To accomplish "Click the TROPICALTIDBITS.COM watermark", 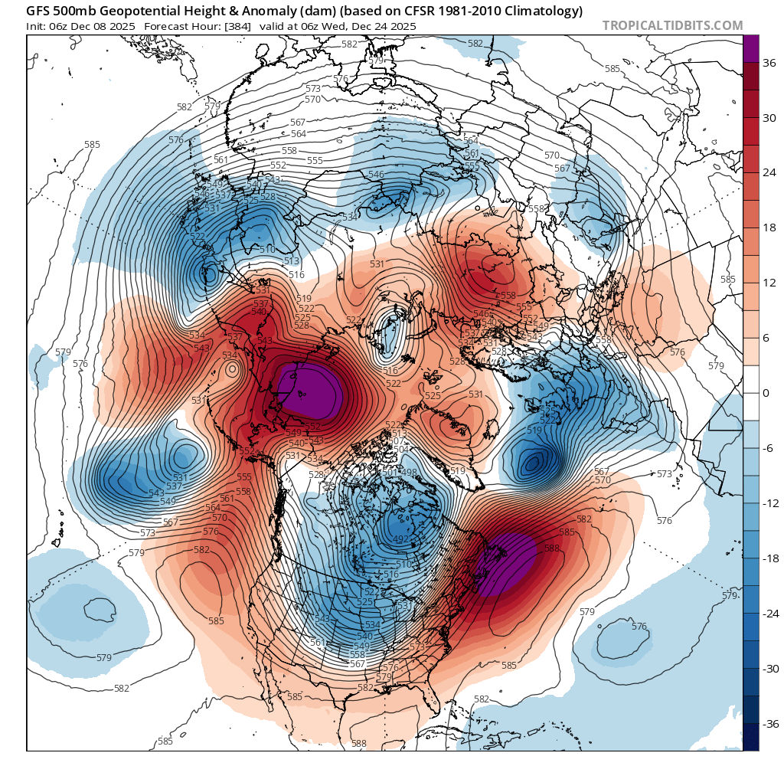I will coord(672,25).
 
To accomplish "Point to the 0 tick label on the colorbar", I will coord(767,393).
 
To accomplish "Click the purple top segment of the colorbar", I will coord(752,48).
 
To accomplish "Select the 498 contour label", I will coord(409,473).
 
